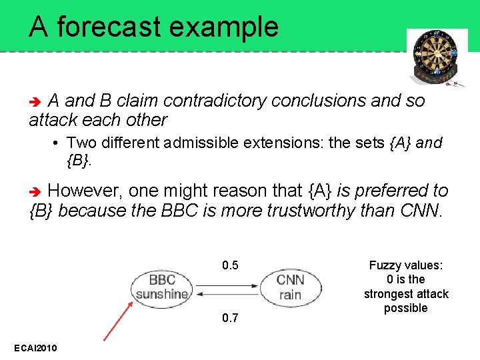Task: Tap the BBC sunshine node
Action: pyautogui.click(x=161, y=287)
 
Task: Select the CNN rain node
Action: pyautogui.click(x=289, y=287)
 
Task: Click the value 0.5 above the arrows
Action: pyautogui.click(x=230, y=266)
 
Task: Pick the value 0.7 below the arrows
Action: pyautogui.click(x=230, y=318)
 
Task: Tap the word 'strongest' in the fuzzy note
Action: pyautogui.click(x=406, y=294)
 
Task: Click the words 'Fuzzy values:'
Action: pyautogui.click(x=406, y=265)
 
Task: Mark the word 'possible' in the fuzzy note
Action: pyautogui.click(x=406, y=308)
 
